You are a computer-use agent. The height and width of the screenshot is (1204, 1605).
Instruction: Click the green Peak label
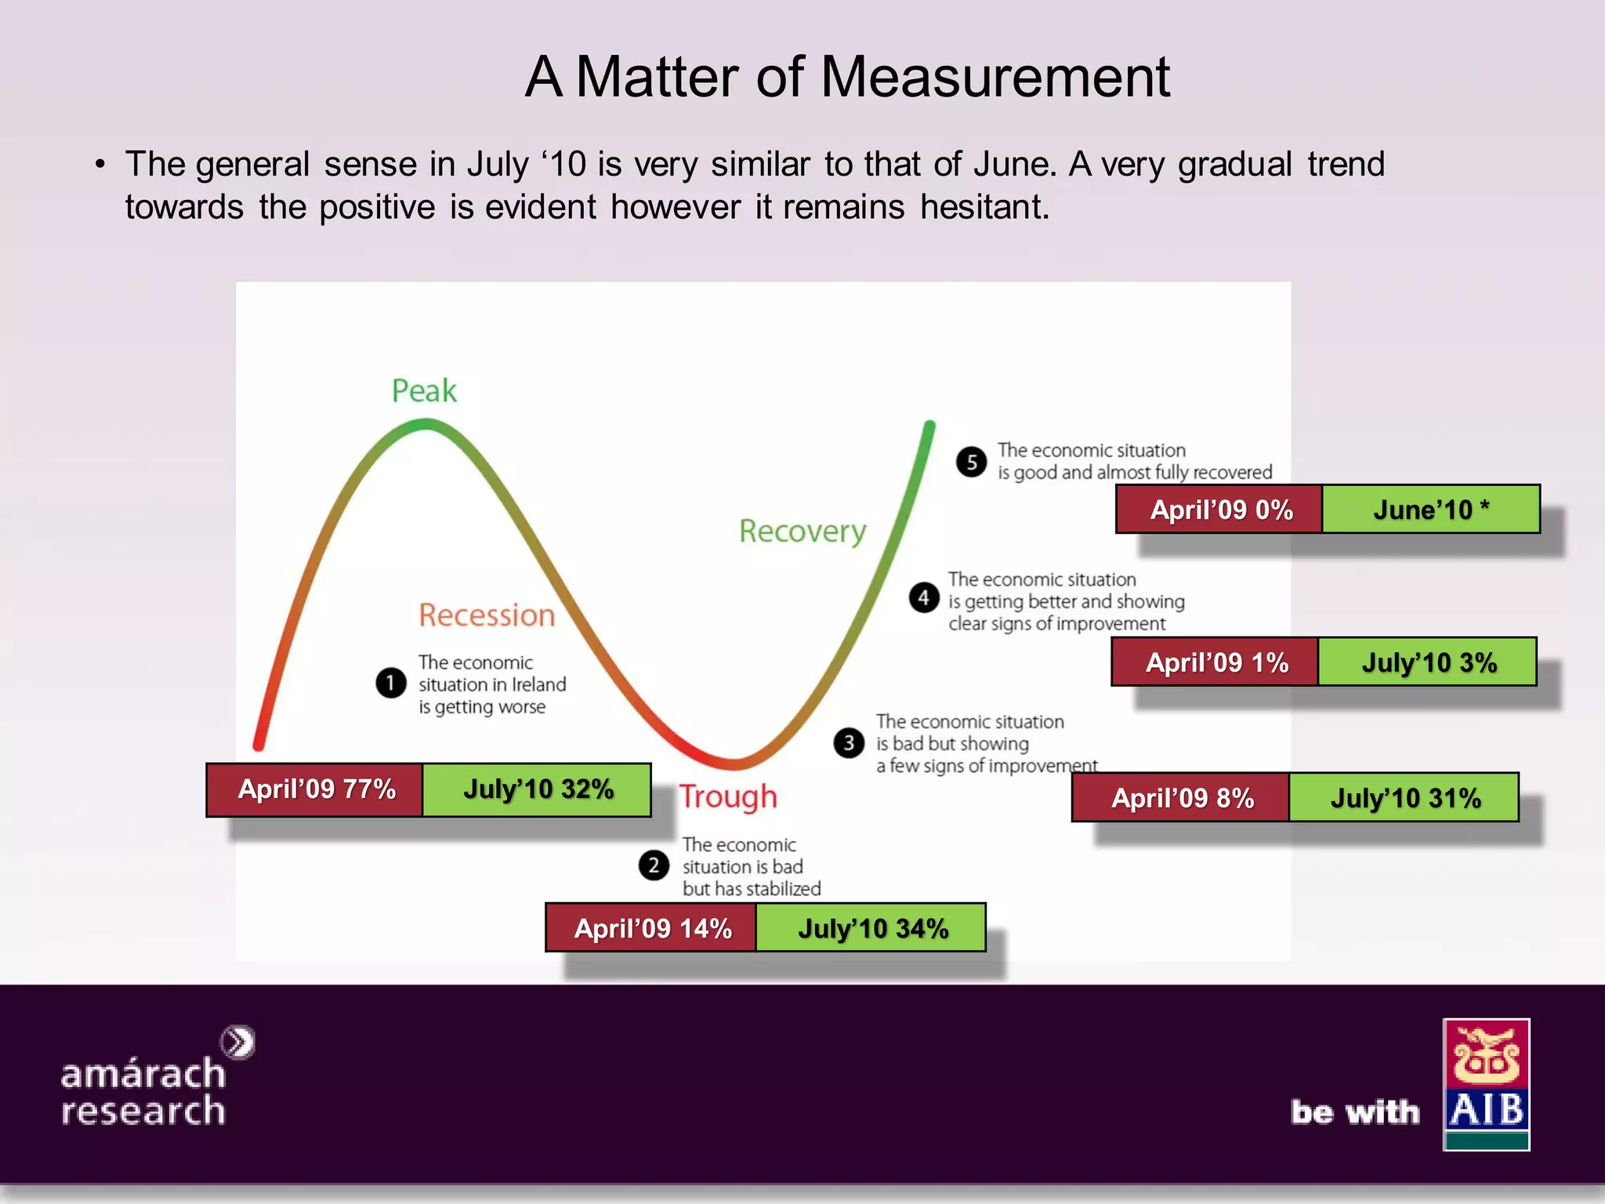[x=424, y=390]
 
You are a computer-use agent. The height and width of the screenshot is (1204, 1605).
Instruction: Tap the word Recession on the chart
[x=487, y=615]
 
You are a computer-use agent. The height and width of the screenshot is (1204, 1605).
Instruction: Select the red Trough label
[x=728, y=796]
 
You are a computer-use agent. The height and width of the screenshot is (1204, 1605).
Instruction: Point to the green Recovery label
[x=802, y=531]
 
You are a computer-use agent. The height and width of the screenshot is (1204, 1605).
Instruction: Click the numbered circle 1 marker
[x=390, y=683]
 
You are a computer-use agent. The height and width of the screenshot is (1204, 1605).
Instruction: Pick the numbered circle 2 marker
[x=654, y=866]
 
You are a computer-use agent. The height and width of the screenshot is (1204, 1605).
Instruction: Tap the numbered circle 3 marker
[x=849, y=742]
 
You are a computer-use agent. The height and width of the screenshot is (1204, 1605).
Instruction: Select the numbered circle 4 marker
[x=924, y=598]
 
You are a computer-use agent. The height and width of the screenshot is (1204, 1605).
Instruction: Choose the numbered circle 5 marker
[x=972, y=462]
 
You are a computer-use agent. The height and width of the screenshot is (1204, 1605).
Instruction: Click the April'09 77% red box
[x=315, y=789]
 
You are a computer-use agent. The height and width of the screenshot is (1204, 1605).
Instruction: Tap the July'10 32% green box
[x=538, y=789]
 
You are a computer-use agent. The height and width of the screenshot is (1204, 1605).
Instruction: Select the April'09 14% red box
[x=651, y=928]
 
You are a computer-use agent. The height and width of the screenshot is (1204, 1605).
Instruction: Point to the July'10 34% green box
[x=871, y=928]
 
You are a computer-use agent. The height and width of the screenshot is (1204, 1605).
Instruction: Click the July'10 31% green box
[x=1404, y=798]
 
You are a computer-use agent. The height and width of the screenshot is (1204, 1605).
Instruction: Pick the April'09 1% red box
[x=1216, y=662]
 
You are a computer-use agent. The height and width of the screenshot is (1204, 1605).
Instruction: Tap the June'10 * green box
[x=1431, y=510]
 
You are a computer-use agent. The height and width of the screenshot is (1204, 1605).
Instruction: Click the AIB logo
[x=1486, y=1084]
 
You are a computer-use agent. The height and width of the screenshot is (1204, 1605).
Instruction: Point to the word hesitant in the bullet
[x=984, y=207]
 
